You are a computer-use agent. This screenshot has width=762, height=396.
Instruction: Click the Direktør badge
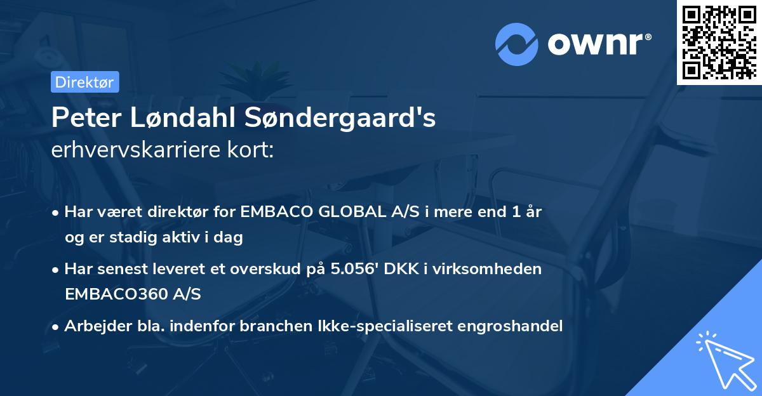point(84,82)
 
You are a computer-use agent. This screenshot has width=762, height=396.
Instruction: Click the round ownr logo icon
point(516,44)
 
